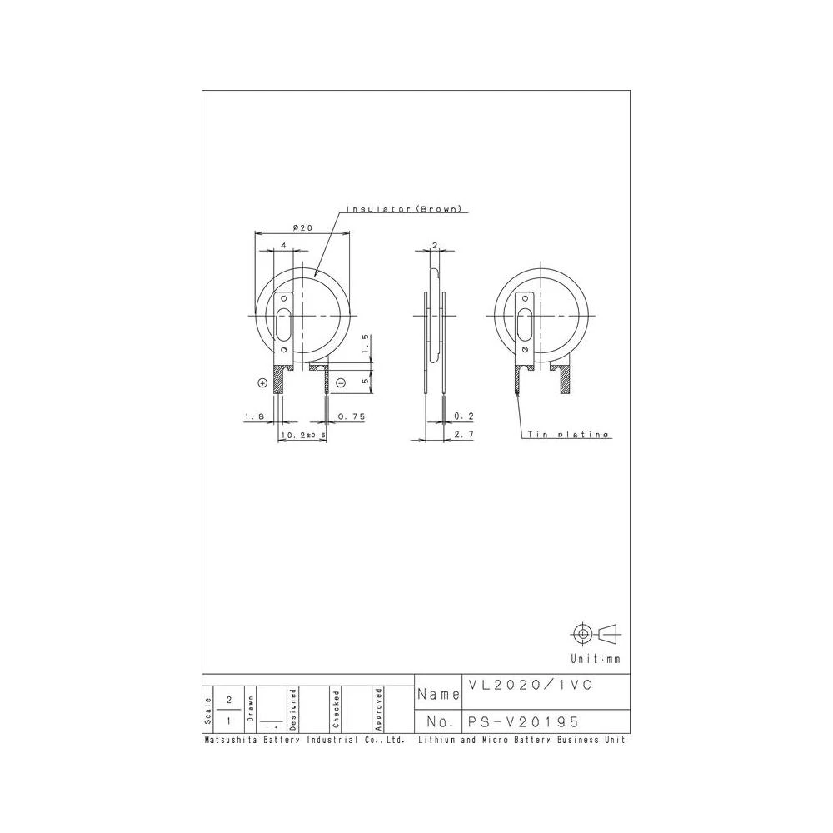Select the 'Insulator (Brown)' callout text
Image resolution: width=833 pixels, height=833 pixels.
point(403,209)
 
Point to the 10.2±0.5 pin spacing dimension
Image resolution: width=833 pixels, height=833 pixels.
point(302,435)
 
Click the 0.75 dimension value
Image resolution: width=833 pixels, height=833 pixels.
point(352,415)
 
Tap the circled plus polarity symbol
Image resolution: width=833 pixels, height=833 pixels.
point(263,383)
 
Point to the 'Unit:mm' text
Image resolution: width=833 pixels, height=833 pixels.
point(596,659)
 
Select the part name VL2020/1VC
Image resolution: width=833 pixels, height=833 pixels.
point(529,686)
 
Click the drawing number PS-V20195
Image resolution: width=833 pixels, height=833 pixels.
point(523,721)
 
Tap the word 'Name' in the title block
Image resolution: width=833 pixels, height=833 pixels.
point(438,694)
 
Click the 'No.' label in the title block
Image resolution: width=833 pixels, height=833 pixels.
point(438,721)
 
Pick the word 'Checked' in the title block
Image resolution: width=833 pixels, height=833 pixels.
point(336,709)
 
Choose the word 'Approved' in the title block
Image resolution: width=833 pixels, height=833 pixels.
point(378,709)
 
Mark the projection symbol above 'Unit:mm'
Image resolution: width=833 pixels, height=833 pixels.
point(596,634)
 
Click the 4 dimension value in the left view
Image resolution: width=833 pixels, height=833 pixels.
point(284,246)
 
